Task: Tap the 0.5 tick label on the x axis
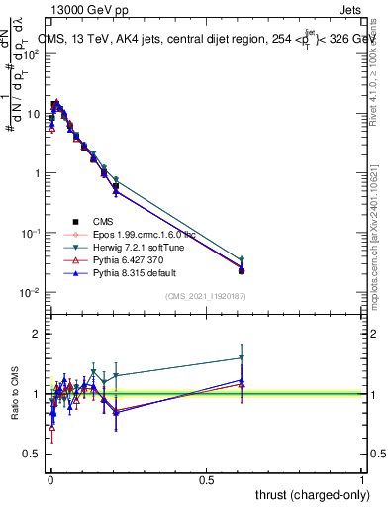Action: tap(206, 479)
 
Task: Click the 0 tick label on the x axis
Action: tap(49, 479)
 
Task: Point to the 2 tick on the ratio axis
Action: tap(36, 335)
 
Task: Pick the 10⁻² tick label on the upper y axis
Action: tap(30, 292)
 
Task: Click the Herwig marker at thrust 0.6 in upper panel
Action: tap(242, 258)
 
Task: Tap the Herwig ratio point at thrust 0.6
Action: tap(242, 358)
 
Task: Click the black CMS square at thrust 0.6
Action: tap(242, 270)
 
